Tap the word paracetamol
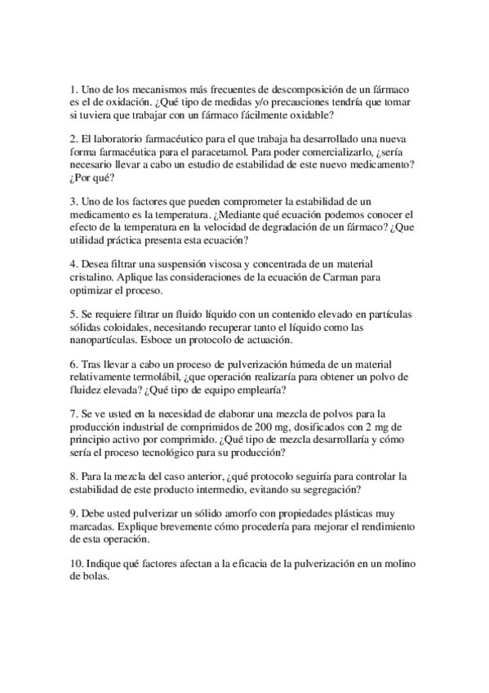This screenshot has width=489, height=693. click(222, 152)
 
